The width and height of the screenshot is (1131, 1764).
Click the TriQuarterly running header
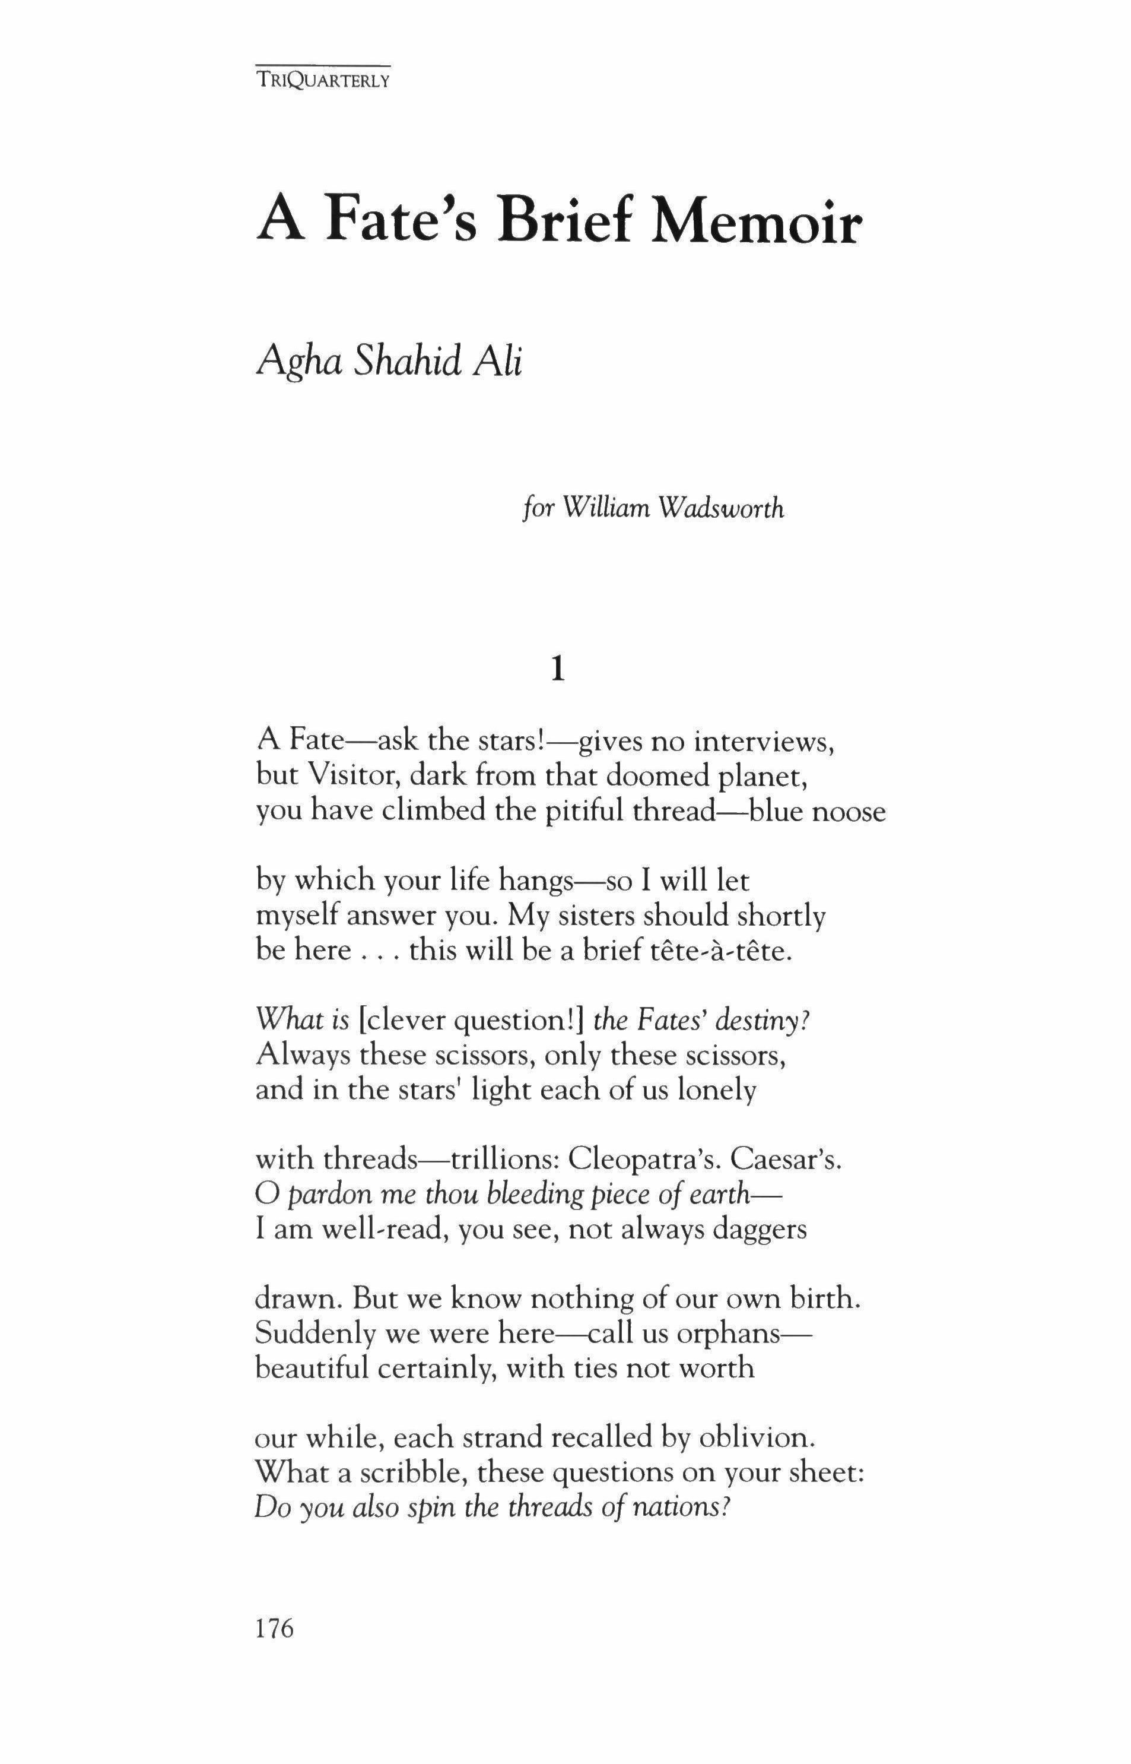click(x=322, y=80)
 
